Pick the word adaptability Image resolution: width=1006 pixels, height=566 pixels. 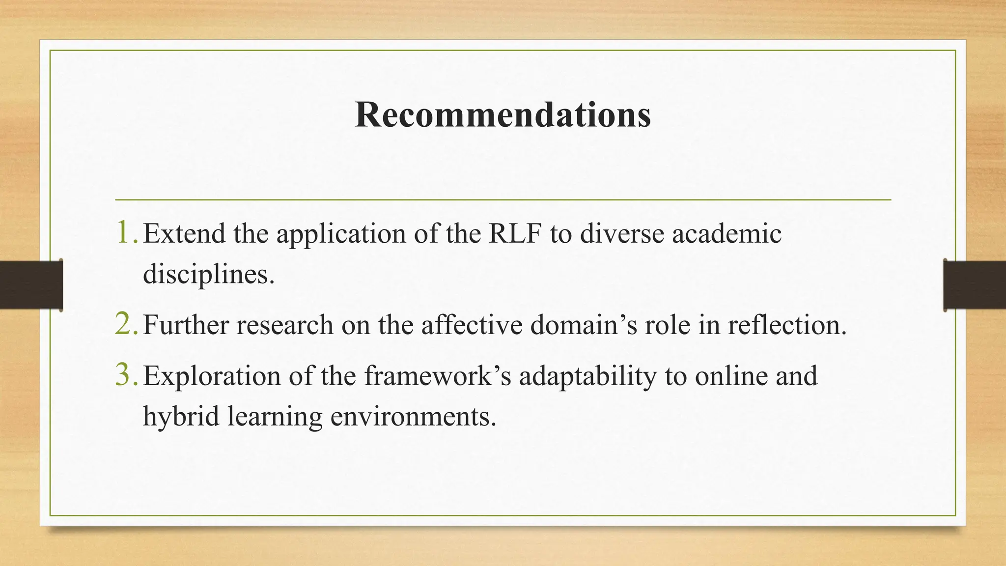pyautogui.click(x=587, y=377)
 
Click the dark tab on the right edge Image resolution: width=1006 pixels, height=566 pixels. pyautogui.click(x=975, y=285)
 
